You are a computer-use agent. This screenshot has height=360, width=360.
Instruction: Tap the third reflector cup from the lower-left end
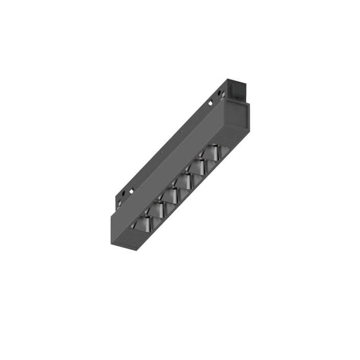coord(172,194)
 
